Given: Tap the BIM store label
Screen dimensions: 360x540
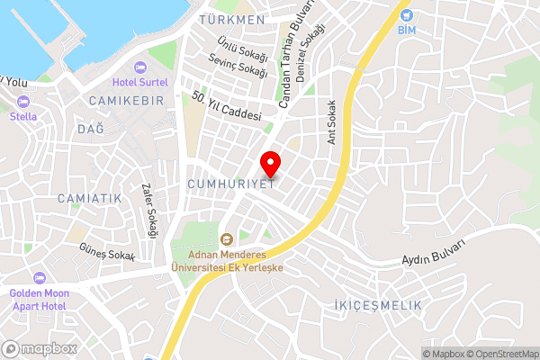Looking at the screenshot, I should click(407, 31).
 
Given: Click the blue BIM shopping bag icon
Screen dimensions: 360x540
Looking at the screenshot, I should click(407, 15).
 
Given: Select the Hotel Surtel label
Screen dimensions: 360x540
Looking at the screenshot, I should click(140, 83).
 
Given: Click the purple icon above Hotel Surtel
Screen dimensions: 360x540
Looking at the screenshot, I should click(140, 67).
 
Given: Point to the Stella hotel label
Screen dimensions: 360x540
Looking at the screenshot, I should click(23, 116).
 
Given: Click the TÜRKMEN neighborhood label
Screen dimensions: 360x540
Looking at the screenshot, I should click(232, 20).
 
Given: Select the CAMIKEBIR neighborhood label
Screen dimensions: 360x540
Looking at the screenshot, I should click(127, 101).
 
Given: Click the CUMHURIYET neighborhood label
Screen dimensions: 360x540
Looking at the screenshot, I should click(230, 184).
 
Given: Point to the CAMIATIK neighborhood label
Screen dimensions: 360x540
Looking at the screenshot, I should click(88, 197).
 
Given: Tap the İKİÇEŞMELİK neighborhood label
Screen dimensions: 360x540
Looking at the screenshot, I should click(377, 306).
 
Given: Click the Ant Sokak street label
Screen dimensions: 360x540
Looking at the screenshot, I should click(332, 121).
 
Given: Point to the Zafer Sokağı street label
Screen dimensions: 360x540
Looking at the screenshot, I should click(149, 211).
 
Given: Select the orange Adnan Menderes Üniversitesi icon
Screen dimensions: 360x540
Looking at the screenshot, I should click(226, 238).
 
